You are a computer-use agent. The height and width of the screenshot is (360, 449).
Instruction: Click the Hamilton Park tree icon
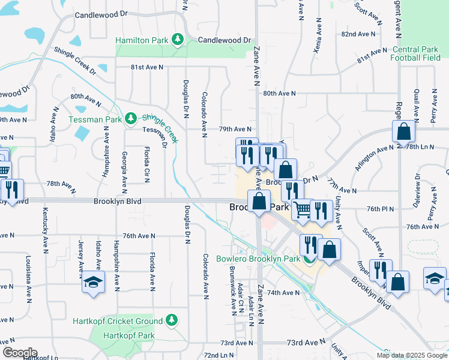click(177, 40)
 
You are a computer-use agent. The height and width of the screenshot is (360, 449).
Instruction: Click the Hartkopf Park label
click(129, 335)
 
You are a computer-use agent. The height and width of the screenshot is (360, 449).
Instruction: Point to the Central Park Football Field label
click(415, 54)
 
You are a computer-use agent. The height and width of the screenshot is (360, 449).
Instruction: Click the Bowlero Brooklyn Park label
click(267, 259)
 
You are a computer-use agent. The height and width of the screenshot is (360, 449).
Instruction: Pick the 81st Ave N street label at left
click(147, 67)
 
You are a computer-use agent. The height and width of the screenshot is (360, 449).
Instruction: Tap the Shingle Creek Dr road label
click(75, 62)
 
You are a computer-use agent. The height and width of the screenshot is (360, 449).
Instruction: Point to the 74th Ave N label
click(283, 293)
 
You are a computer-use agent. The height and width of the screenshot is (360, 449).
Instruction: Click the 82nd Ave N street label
click(357, 35)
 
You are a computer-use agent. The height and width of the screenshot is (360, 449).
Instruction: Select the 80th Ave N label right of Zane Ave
click(279, 94)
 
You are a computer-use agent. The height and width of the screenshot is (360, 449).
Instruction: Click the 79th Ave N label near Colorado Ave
click(234, 129)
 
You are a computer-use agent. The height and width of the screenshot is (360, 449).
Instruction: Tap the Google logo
click(19, 353)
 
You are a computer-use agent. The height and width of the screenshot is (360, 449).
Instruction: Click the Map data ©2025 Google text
click(411, 355)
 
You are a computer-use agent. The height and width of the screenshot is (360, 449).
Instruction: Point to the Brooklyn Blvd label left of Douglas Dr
click(117, 202)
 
